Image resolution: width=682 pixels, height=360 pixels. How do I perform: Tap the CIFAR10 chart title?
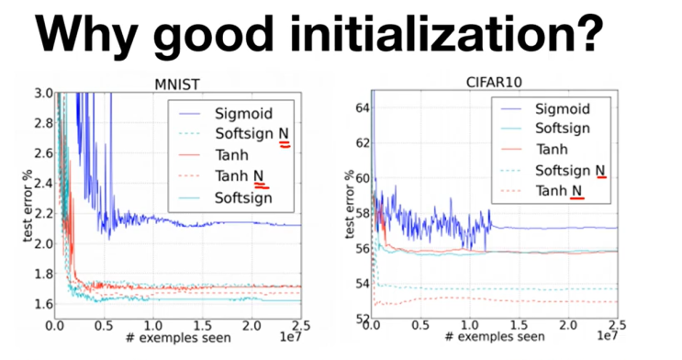[492, 84]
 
